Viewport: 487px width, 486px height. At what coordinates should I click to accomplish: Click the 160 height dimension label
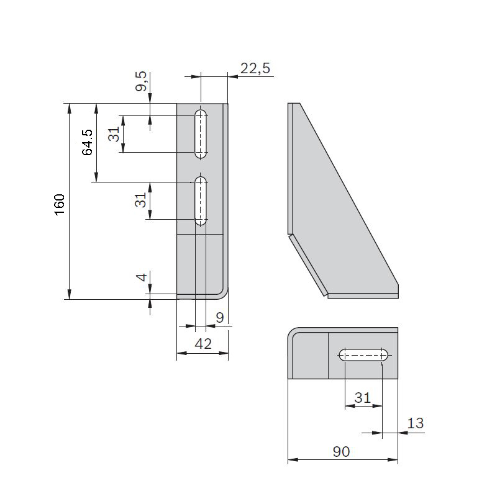pyautogui.click(x=60, y=205)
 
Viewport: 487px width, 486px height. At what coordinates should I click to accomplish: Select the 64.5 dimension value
pyautogui.click(x=87, y=143)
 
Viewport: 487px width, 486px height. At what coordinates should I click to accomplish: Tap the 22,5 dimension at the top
pyautogui.click(x=255, y=68)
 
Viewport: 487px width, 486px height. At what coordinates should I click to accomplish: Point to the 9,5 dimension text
pyautogui.click(x=141, y=81)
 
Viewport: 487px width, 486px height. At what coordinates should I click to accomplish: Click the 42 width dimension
pyautogui.click(x=203, y=344)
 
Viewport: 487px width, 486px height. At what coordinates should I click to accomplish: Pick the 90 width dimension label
pyautogui.click(x=342, y=452)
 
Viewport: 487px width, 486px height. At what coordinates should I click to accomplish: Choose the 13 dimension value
pyautogui.click(x=416, y=423)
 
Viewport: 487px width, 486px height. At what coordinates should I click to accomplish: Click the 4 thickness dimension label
pyautogui.click(x=142, y=277)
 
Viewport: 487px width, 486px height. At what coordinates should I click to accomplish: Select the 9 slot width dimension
pyautogui.click(x=220, y=318)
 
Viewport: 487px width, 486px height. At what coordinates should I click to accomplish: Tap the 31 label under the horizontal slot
pyautogui.click(x=363, y=397)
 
